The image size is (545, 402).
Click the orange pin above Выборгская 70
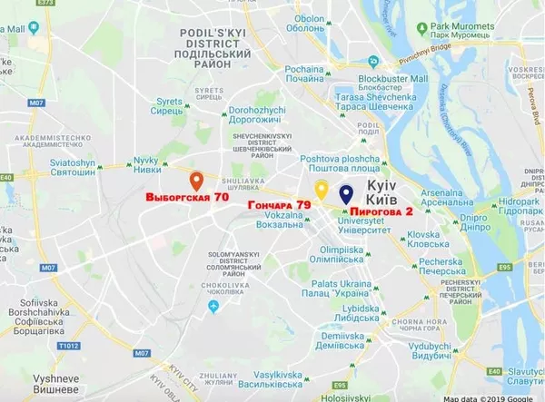coord(196,178)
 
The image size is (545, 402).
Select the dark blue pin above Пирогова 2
coord(346,192)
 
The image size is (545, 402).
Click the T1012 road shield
coord(69,345)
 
